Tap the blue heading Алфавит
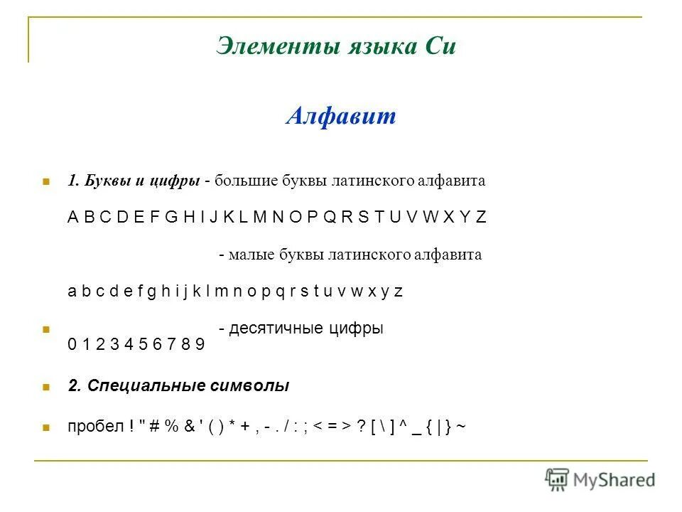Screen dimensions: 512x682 pos(341,117)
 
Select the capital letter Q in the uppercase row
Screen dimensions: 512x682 pos(330,218)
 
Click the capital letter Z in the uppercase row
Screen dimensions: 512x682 pos(481,218)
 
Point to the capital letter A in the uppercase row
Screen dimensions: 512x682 pos(72,218)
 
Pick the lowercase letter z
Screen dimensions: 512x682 pos(399,292)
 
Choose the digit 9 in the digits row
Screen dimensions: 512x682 pos(200,346)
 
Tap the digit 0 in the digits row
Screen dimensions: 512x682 pos(72,346)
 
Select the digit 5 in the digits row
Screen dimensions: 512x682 pos(143,346)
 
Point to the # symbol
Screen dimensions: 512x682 pos(154,427)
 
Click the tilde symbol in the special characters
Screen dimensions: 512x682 pos(462,427)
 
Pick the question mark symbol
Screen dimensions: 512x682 pos(360,427)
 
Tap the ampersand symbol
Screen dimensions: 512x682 pos(188,427)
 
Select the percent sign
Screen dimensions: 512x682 pos(171,427)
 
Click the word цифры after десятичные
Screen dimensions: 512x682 pos(357,329)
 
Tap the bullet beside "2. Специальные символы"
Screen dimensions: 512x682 pos(45,388)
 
